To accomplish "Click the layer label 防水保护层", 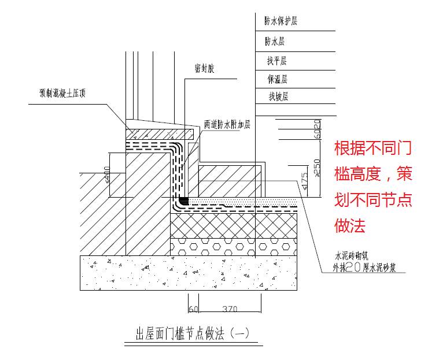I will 281,22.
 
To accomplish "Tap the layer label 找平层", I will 277,61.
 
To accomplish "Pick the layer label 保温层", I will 277,79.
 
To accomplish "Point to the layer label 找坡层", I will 278,97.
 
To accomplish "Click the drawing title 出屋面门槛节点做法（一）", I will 191,333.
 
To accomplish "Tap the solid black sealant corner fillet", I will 183,201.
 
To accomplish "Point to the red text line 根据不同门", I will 372,148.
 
